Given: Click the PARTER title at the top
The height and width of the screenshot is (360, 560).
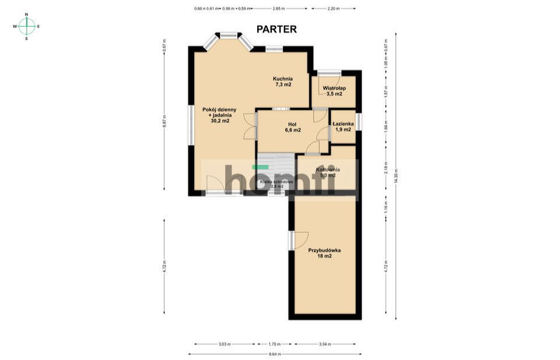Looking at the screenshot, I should point(277,29).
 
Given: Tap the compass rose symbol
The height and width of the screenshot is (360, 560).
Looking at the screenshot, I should point(26,26).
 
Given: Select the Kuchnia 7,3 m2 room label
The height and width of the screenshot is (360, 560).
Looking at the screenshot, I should point(283,82).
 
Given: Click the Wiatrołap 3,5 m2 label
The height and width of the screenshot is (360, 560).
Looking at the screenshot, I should point(334,91).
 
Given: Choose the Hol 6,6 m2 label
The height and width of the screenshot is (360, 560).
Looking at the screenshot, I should point(292,127).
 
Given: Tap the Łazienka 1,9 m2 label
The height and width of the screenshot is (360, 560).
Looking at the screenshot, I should point(343,127).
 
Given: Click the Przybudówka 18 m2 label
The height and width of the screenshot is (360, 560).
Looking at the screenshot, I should point(324,253).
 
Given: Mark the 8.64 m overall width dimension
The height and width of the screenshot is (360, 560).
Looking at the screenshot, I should point(275,354).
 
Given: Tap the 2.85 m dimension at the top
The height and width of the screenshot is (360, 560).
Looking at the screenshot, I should point(279,9).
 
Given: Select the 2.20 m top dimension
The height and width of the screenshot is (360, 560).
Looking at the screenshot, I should point(333,9).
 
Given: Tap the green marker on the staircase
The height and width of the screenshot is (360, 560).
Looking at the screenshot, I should point(256,167).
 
